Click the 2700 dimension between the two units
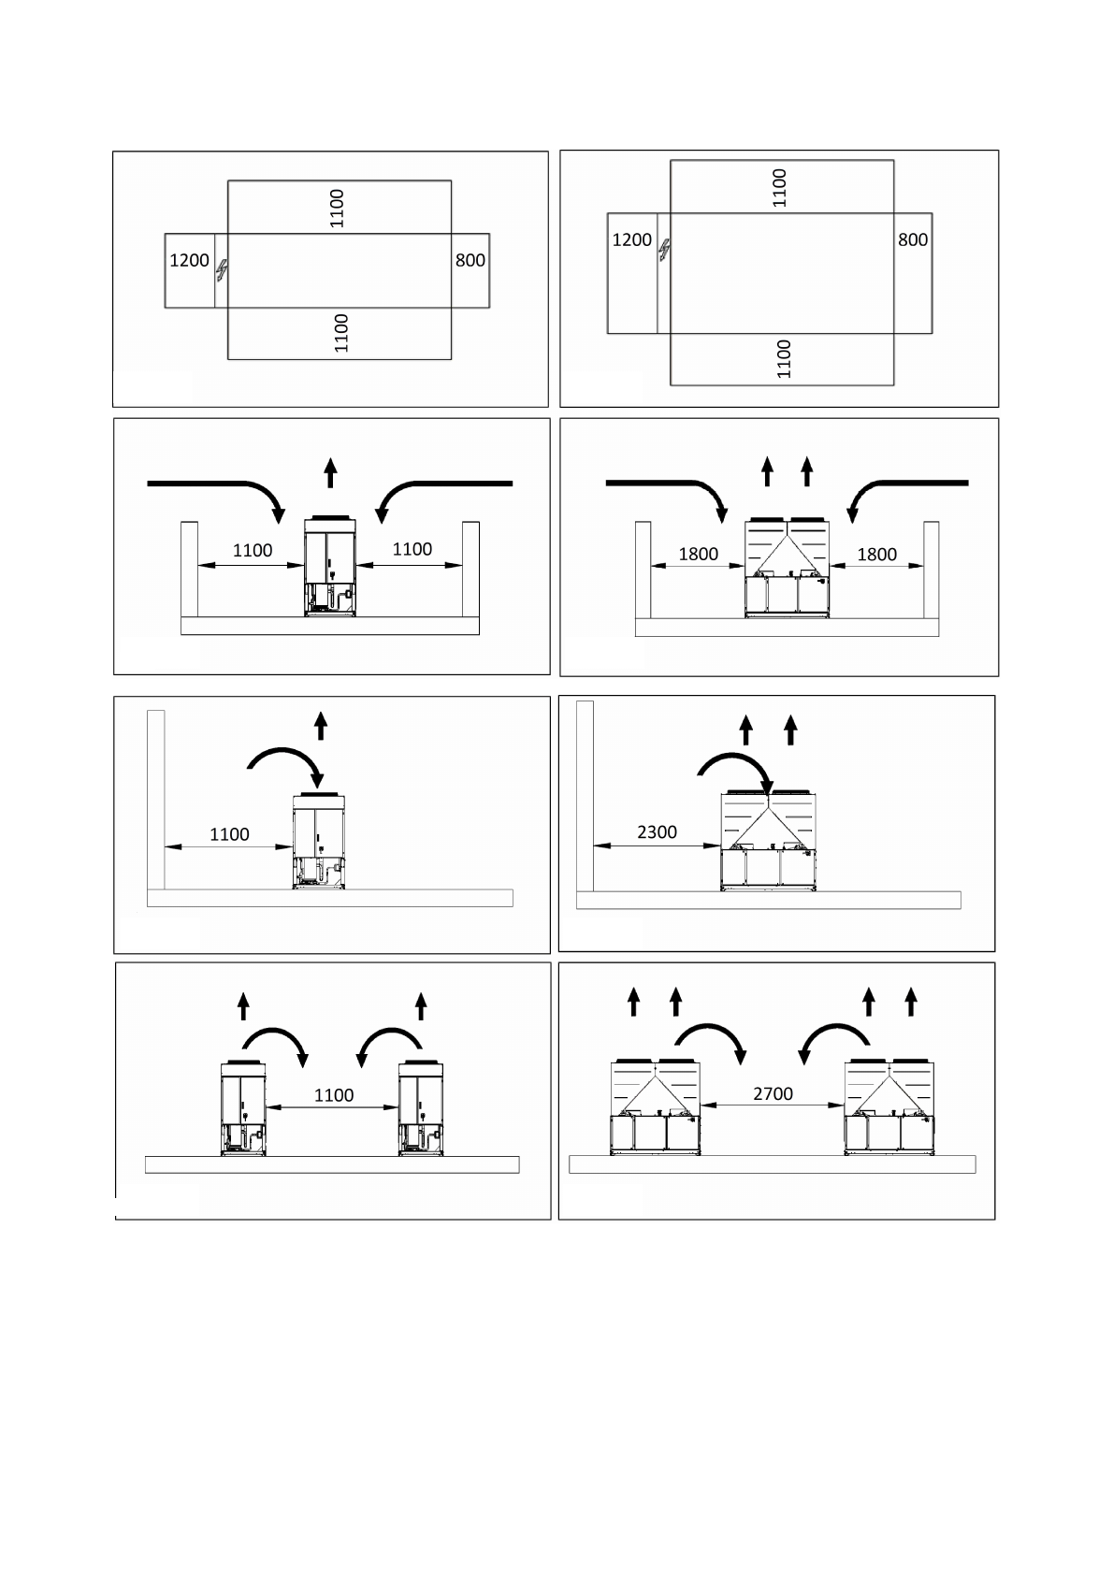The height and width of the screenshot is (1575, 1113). tap(773, 1093)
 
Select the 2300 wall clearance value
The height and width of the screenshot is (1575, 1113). tap(657, 831)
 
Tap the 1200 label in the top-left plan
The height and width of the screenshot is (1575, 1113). tap(189, 260)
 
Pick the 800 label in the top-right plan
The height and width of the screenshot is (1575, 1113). tap(913, 239)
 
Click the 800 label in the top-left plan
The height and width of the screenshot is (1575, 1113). tap(470, 260)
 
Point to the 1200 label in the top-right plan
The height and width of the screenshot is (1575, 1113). tap(631, 239)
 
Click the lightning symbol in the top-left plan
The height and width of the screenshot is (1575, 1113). tap(222, 270)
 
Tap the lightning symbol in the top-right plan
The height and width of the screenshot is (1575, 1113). tap(664, 250)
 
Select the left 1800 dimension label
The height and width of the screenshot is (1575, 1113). tap(698, 554)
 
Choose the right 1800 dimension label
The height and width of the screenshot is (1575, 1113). tap(876, 554)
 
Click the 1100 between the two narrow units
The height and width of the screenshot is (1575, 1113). tap(333, 1094)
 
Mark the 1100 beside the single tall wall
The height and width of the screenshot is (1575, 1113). tap(229, 833)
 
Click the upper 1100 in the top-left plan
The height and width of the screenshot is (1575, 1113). tap(338, 208)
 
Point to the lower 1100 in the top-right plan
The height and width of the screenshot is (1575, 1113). tap(784, 358)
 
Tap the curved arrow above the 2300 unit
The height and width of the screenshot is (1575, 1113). tap(738, 773)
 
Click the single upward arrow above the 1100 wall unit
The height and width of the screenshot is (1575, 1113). tap(321, 726)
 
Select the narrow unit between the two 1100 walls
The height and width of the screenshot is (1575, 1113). tap(330, 565)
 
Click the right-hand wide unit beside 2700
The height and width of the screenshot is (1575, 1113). tap(889, 1107)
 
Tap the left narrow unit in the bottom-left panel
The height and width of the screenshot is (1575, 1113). tap(243, 1108)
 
